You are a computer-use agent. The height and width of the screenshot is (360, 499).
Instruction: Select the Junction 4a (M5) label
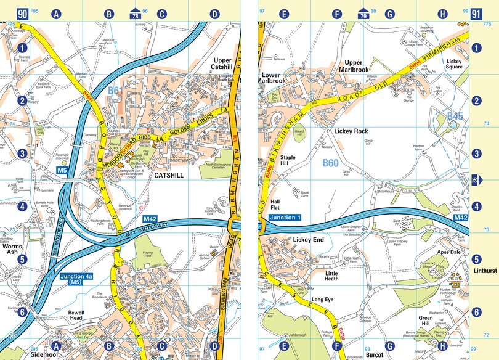(81, 279)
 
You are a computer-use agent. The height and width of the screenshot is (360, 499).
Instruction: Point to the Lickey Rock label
(351, 131)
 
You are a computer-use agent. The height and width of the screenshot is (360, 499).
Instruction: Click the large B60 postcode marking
(331, 163)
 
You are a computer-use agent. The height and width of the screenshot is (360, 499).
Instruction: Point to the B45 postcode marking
(454, 116)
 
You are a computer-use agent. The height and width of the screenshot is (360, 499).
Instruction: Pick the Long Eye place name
(322, 300)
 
